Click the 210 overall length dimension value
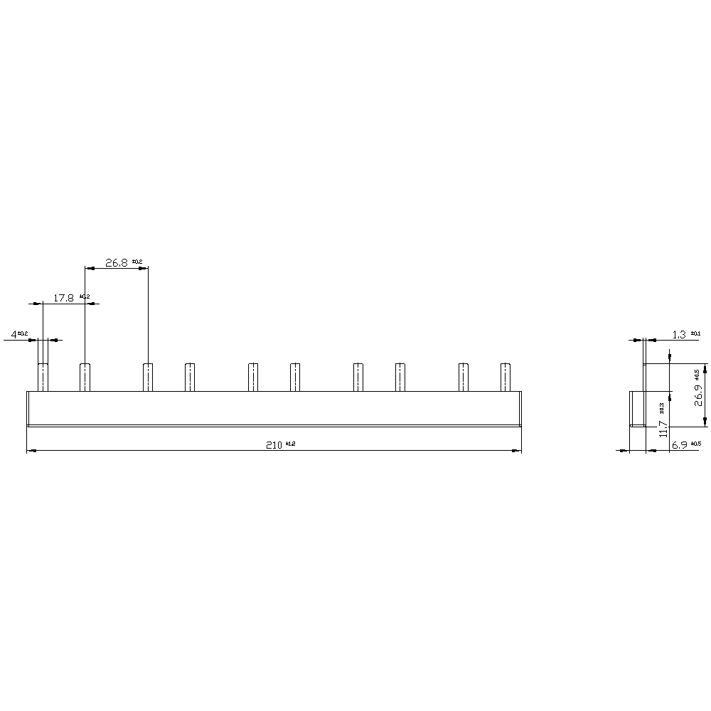274,444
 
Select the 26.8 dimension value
116,262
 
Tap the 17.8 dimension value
64,298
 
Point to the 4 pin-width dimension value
14,333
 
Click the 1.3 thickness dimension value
679,334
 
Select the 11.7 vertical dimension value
663,428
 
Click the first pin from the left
43,377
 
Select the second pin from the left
85,377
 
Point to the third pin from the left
148,377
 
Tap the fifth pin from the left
253,377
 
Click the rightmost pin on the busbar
506,377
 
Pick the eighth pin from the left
400,377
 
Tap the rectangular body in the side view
638,408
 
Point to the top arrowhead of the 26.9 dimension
705,369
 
